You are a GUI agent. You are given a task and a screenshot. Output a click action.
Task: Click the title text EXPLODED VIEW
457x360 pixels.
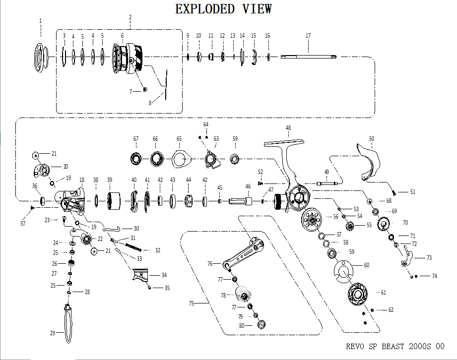pyautogui.click(x=224, y=9)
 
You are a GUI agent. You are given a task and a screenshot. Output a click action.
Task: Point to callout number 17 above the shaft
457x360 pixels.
pyautogui.click(x=308, y=36)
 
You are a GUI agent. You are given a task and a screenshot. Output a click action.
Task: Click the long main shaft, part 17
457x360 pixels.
pyautogui.click(x=308, y=57)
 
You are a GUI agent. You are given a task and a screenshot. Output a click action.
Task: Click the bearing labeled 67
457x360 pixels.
pyautogui.click(x=135, y=159)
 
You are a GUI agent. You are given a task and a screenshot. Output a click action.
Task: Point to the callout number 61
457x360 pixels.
pyautogui.click(x=383, y=293)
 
